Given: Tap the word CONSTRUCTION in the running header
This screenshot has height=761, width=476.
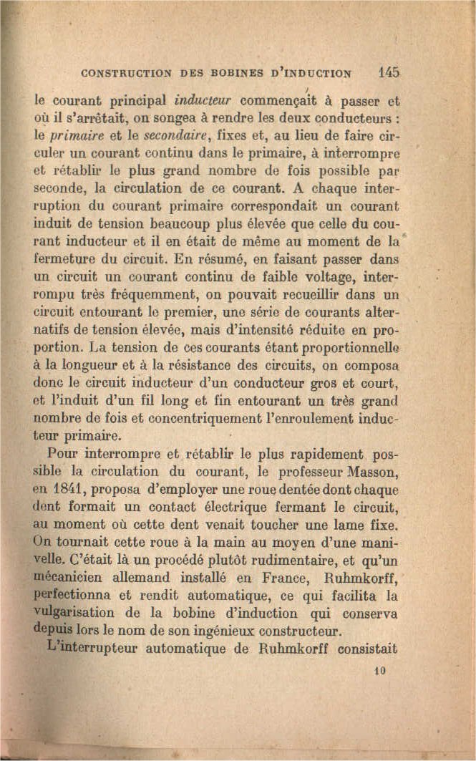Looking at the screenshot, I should point(126,72).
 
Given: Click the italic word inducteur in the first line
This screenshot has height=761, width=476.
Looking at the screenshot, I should point(188,100).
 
